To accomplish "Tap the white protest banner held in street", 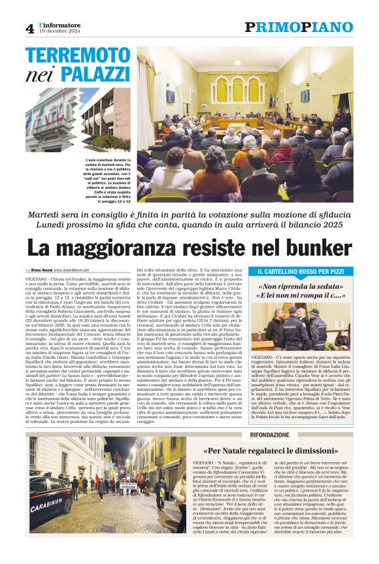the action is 127,486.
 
